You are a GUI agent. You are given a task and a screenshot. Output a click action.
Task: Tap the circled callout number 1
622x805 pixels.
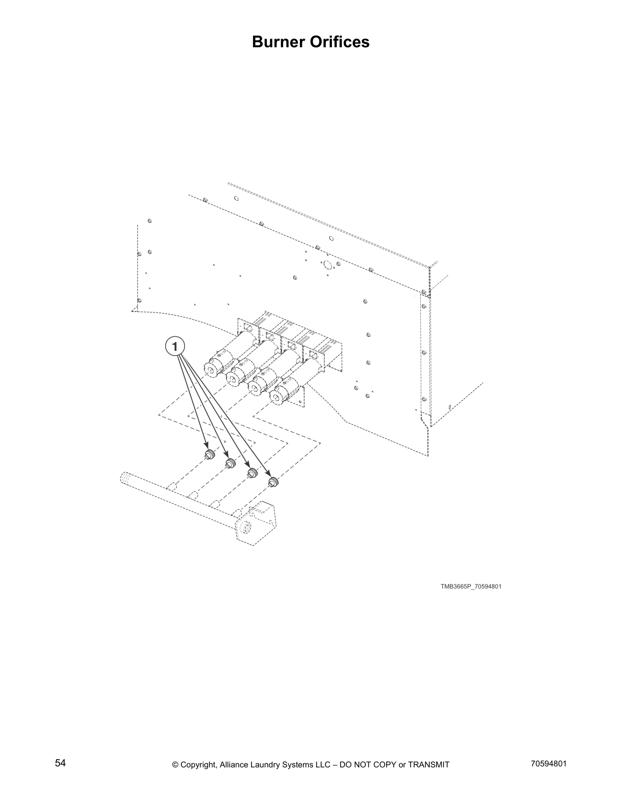tap(174, 347)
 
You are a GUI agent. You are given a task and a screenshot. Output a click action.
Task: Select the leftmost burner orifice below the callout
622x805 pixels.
tap(208, 454)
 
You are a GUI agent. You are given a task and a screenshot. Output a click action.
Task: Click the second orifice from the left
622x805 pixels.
tap(230, 463)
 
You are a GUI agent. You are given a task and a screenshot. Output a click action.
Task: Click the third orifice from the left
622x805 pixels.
tap(252, 473)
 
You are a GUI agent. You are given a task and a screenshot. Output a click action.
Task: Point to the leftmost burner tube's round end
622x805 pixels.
tap(210, 369)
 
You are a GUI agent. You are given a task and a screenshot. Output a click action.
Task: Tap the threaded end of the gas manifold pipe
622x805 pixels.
tap(126, 478)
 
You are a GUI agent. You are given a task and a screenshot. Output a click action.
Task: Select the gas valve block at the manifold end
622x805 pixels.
tap(258, 523)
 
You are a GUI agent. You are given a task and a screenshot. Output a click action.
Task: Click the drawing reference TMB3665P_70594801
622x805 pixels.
tap(471, 586)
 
